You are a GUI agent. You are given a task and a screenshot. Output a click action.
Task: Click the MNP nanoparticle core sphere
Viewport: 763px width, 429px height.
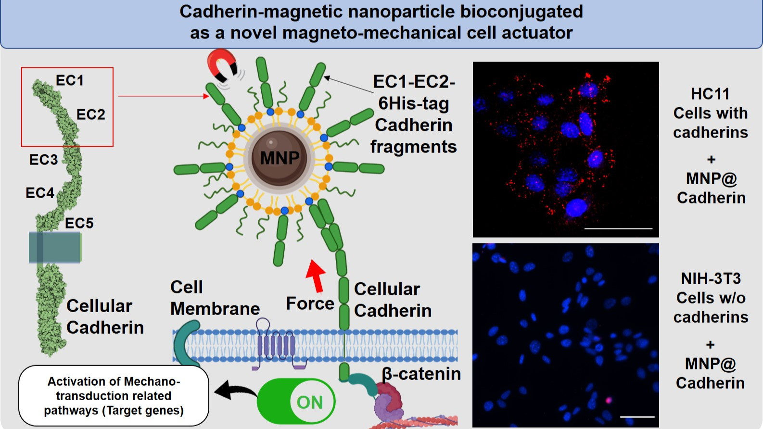280,157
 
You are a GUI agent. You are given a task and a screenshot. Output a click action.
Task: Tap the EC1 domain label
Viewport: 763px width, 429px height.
70,80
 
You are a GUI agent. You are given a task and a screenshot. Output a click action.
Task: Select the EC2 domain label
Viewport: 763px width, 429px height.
90,114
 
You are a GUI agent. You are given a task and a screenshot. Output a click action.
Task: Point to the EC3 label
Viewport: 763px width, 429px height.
43,160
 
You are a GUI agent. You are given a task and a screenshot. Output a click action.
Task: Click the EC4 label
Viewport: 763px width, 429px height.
39,193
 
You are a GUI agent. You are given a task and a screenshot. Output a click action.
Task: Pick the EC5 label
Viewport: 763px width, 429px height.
79,223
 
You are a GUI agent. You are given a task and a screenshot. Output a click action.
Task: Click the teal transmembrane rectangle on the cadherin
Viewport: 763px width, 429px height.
55,247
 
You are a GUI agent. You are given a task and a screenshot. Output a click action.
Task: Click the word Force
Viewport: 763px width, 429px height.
310,303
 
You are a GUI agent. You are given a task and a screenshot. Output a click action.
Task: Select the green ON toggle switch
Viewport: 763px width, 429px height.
296,402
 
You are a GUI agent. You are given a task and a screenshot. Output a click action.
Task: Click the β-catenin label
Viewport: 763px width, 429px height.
421,374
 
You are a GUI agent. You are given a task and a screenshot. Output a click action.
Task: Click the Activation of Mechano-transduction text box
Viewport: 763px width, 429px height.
114,396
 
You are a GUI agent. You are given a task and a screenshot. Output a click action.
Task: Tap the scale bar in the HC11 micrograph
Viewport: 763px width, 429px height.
618,228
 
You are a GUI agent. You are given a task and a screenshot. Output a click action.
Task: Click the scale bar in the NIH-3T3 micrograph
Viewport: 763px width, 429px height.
637,416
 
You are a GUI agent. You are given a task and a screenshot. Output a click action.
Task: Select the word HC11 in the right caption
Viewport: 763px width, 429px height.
710,94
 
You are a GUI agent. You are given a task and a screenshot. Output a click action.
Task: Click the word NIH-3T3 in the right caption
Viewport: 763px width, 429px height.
711,278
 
